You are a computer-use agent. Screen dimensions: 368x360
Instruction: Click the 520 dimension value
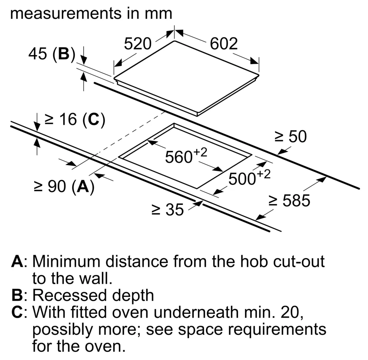coord(138,44)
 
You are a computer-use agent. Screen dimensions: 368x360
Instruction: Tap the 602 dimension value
coord(224,44)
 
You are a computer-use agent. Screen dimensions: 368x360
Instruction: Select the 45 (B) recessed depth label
coord(52,54)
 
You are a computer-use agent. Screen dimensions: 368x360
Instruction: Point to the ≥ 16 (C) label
coord(75,120)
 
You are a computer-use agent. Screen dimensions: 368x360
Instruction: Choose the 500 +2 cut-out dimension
coord(250,177)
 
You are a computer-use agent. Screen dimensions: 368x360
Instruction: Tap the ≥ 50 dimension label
coord(291,136)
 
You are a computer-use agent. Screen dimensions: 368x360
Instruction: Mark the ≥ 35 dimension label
coord(167,209)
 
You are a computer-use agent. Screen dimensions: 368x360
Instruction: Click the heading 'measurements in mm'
coord(91,14)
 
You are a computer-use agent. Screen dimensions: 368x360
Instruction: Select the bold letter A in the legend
coord(17,261)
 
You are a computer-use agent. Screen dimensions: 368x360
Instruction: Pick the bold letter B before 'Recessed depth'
coord(17,295)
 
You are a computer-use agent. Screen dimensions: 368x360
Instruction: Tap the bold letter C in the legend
coord(17,312)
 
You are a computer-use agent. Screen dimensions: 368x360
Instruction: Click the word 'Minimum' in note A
coord(66,261)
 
